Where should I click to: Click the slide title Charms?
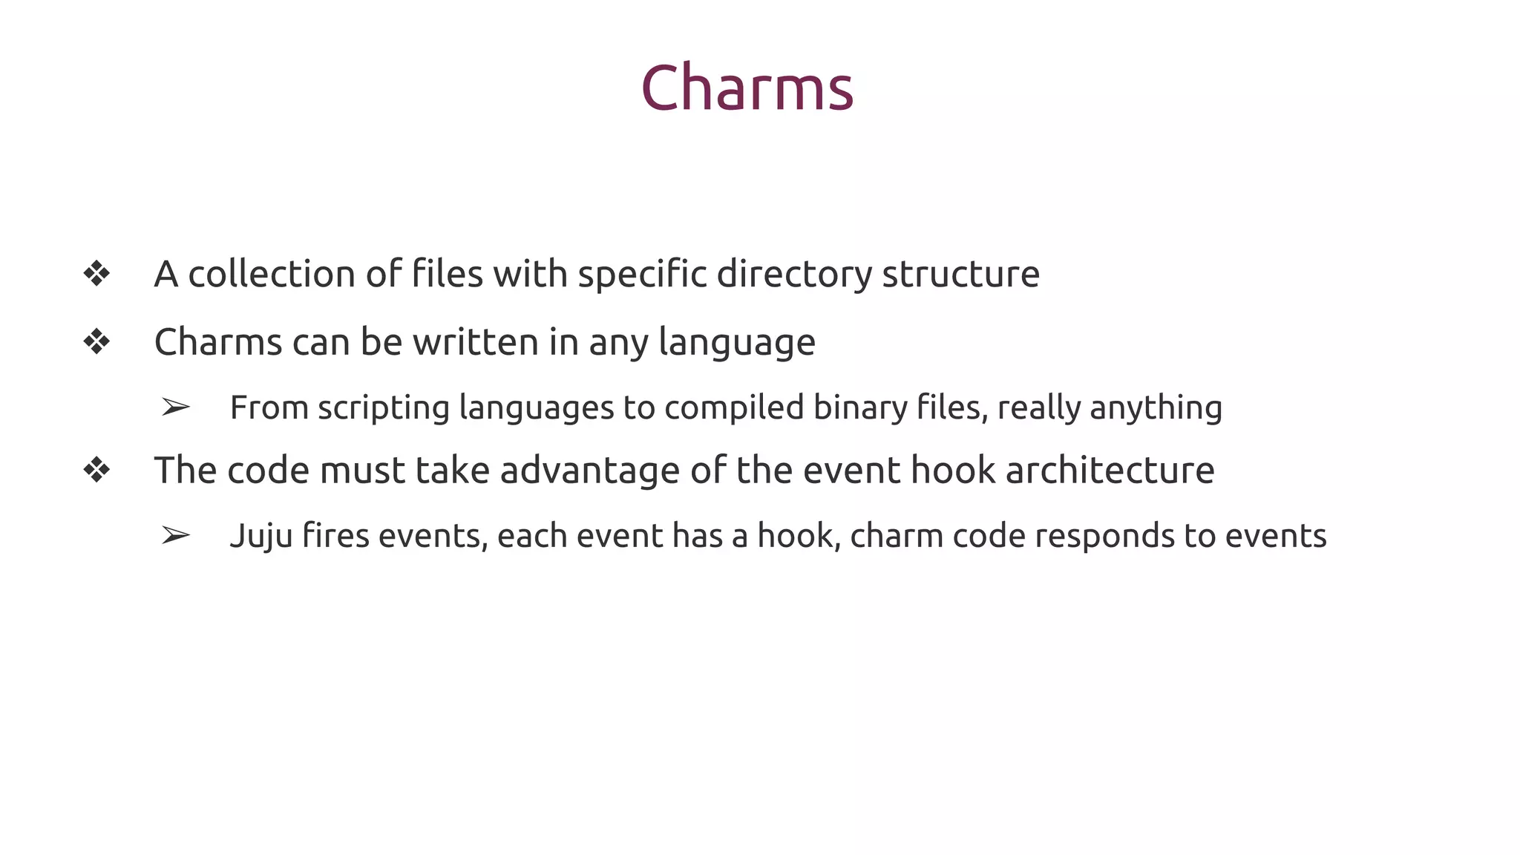[x=747, y=88]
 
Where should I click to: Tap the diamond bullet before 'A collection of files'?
[x=96, y=274]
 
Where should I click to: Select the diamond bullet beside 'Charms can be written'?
[x=96, y=342]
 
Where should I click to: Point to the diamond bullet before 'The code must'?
[x=96, y=470]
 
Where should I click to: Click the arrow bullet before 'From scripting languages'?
[x=176, y=407]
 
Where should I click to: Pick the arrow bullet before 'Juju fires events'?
[x=176, y=535]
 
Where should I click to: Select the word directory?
[x=794, y=275]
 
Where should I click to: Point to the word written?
[x=476, y=342]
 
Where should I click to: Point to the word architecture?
[x=1110, y=470]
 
